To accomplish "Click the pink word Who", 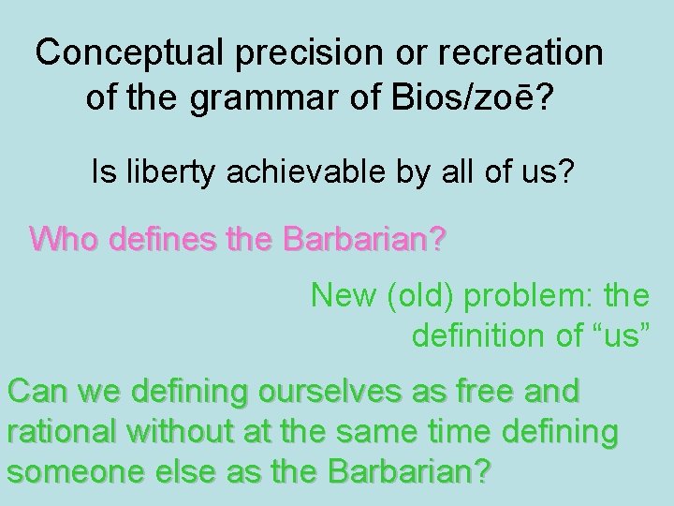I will click(x=65, y=239).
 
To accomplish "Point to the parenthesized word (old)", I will click(x=416, y=296).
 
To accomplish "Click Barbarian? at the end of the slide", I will click(x=403, y=471).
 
